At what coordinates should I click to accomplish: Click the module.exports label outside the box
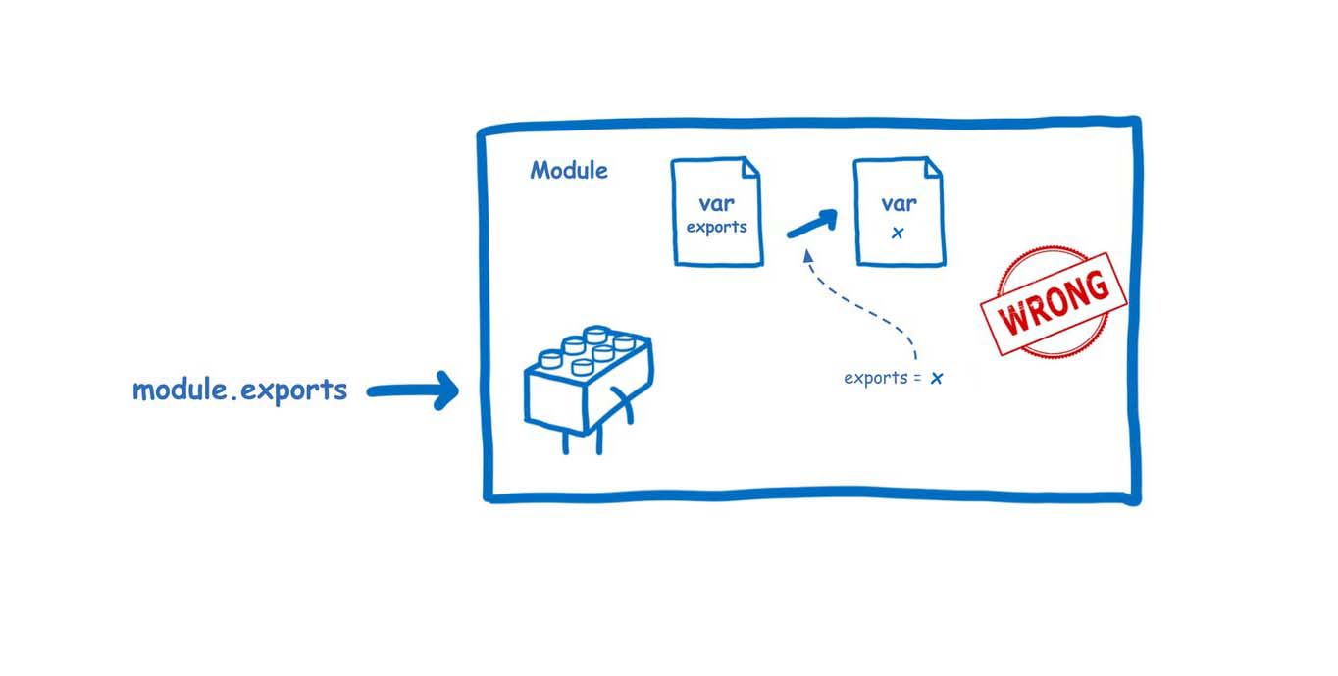click(239, 390)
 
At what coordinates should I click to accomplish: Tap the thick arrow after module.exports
click(413, 390)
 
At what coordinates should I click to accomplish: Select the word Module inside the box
click(569, 171)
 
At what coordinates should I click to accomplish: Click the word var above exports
click(716, 204)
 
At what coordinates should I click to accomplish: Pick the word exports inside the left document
click(716, 227)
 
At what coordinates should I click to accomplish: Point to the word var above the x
click(899, 204)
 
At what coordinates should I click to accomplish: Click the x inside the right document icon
click(898, 234)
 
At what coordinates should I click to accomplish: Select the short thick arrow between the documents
click(812, 224)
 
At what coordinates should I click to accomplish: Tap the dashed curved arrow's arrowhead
click(807, 255)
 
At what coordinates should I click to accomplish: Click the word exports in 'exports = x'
click(876, 378)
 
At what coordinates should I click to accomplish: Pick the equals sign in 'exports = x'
click(919, 379)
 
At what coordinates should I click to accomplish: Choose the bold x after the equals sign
click(937, 379)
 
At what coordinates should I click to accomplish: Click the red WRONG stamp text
click(1054, 302)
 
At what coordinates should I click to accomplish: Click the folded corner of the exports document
click(750, 168)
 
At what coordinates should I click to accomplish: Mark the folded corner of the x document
click(933, 168)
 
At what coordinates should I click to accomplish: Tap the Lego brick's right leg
click(599, 442)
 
